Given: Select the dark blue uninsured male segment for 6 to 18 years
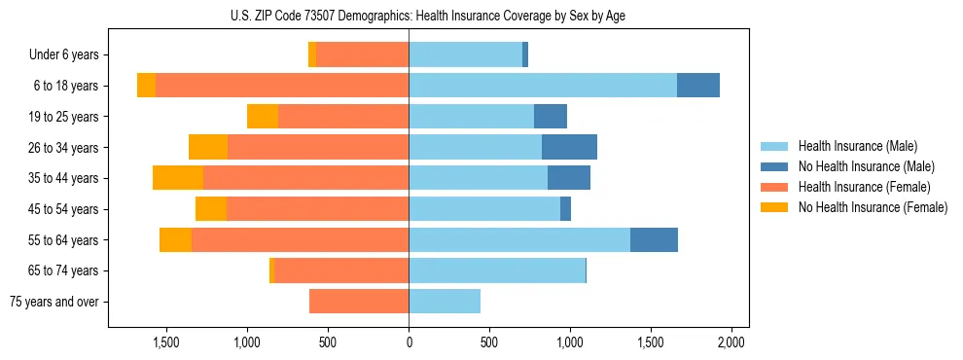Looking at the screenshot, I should click(698, 86).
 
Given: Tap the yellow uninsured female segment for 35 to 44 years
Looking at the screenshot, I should click(178, 178).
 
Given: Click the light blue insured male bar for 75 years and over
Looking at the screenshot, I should click(445, 302).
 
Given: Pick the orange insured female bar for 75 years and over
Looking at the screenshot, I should click(359, 302).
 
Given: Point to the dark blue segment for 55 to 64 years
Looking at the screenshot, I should click(654, 239).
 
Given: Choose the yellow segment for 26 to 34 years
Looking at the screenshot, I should click(208, 147).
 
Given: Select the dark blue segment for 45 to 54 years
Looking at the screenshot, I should click(565, 209).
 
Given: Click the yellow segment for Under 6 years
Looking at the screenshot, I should click(312, 54).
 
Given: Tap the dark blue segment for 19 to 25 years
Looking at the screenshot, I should click(551, 117).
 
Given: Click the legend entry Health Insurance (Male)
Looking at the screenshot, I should click(856, 146).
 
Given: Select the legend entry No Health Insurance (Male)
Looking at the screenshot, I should click(865, 166).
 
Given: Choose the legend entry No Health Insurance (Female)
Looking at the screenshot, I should click(872, 207).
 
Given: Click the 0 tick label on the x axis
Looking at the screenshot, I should click(409, 342).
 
